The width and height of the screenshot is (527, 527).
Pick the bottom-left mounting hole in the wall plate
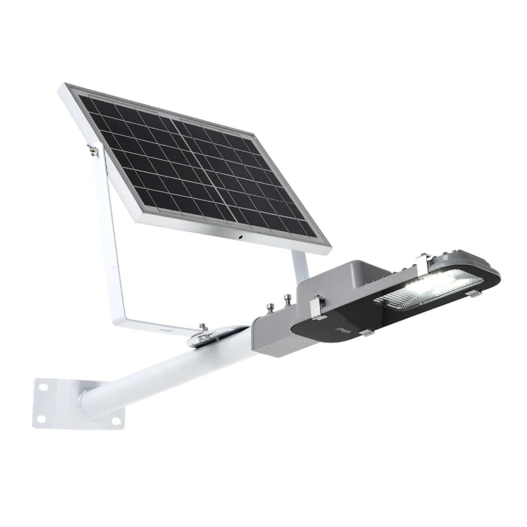(x=41, y=418)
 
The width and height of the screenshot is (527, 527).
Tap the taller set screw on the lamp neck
(x=287, y=300)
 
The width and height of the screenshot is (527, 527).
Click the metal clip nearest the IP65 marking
(x=366, y=333)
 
